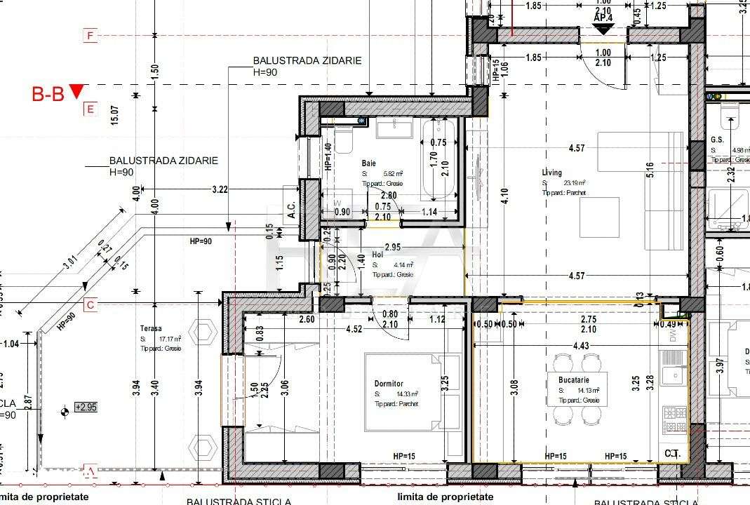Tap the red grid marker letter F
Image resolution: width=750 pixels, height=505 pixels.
point(89,36)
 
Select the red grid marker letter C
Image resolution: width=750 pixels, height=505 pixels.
point(89,305)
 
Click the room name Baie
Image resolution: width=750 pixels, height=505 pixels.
point(369,163)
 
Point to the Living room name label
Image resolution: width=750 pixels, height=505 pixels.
point(551,173)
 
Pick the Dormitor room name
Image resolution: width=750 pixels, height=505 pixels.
point(388,384)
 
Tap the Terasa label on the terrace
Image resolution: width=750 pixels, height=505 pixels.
point(150,328)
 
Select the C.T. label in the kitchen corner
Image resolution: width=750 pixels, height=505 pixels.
point(672,454)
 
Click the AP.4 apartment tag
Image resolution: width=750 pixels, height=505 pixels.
point(604,17)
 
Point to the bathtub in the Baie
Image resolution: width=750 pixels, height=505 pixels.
point(438,158)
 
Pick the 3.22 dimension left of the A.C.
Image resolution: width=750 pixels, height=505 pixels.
point(220,189)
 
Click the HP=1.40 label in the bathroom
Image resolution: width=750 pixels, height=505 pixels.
point(328,157)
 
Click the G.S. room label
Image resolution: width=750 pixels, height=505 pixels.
point(716,140)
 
